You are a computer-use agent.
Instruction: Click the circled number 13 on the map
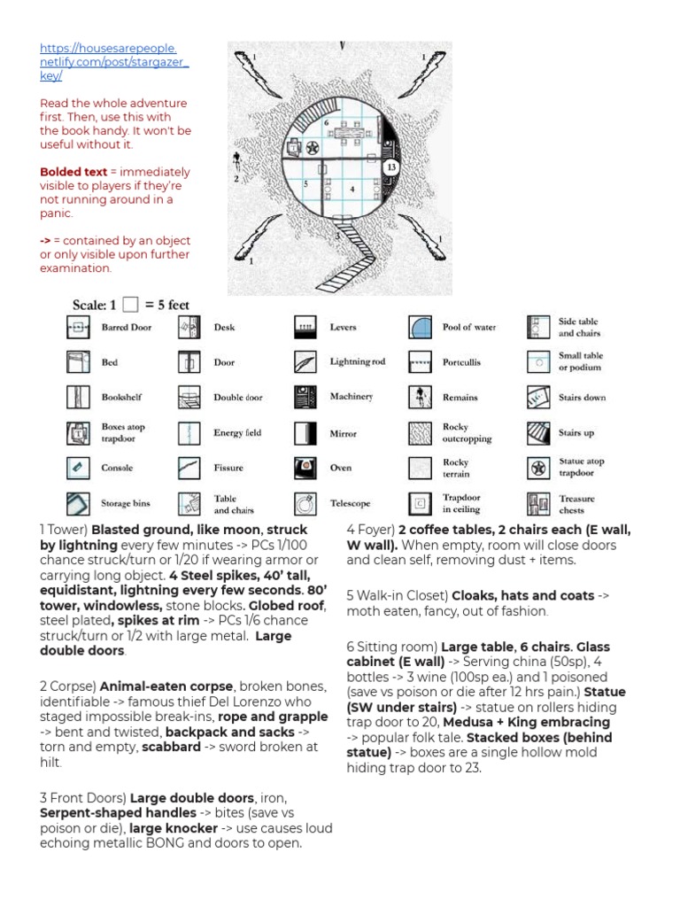coord(390,167)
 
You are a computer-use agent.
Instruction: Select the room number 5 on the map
coord(305,184)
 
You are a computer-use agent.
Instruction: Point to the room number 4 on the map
coord(352,189)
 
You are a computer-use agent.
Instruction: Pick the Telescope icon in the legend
coord(305,503)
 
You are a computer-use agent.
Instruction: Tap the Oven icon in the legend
coord(305,467)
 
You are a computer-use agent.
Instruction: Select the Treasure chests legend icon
coord(537,504)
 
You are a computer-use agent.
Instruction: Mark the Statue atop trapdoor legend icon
coord(537,467)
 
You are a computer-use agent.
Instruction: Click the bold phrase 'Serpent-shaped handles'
coord(118,812)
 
